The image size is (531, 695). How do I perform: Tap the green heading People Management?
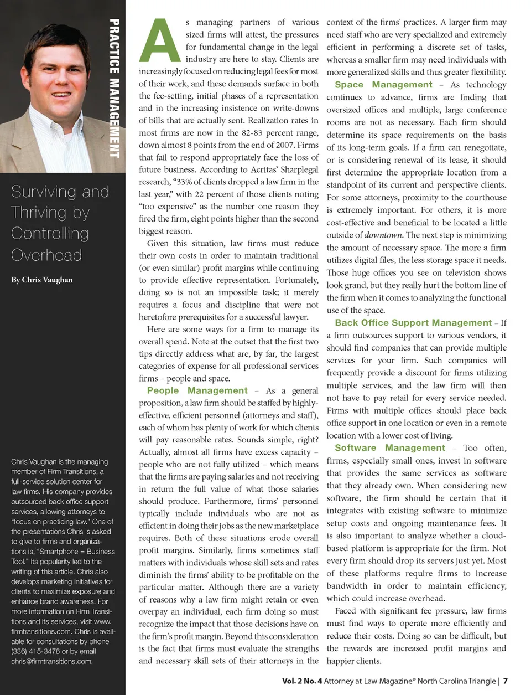(197, 390)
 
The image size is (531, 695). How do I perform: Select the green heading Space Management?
(383, 85)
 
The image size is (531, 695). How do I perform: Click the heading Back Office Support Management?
(413, 323)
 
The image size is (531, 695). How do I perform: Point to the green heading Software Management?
(389, 448)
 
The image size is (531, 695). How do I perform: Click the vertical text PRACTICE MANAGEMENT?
(114, 89)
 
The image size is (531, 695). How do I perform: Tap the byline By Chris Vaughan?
(42, 280)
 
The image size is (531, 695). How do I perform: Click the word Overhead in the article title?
(46, 255)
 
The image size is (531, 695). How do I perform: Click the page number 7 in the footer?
(506, 681)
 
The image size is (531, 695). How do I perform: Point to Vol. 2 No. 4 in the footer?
(302, 681)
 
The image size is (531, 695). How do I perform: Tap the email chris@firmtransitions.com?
(51, 661)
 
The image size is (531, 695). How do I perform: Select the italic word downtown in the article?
(383, 235)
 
